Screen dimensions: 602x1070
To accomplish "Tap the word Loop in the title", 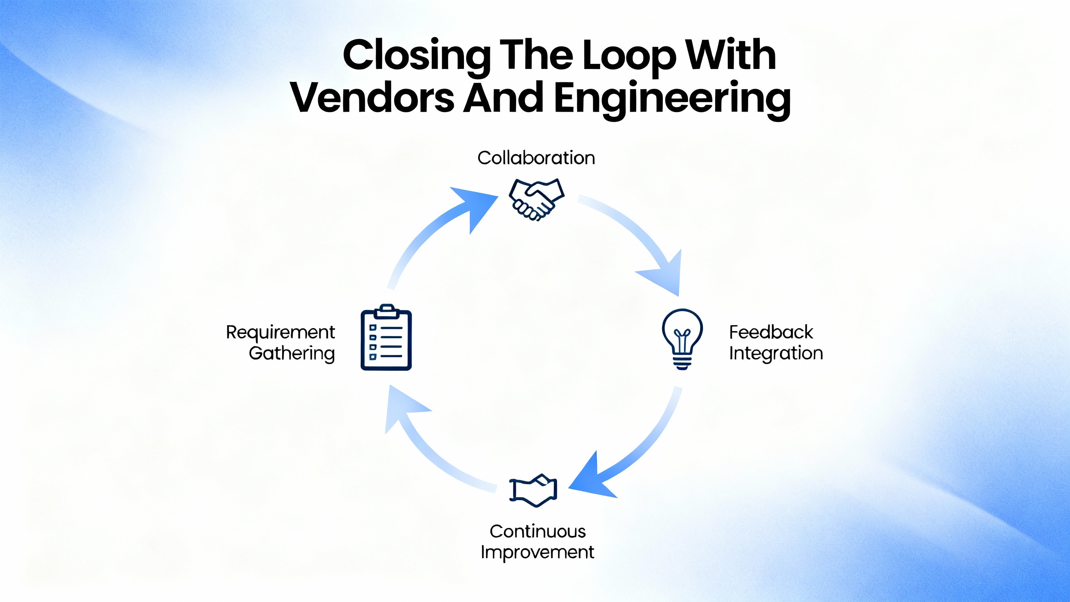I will pos(629,56).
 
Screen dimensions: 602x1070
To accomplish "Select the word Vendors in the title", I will pos(372,98).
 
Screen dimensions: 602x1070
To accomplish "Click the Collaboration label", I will pos(536,158).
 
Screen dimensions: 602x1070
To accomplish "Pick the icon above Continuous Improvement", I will pos(533,490).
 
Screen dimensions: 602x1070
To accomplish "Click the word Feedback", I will pos(771,332).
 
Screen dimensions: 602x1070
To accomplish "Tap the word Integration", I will pos(776,353).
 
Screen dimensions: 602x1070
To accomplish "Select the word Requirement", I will pos(280,332).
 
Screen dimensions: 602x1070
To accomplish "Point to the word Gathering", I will pos(292,353).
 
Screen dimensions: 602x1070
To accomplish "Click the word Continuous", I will pos(538,531).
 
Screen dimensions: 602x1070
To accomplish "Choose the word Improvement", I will pos(538,552).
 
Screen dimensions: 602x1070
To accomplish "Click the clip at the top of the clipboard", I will pos(387,310).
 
